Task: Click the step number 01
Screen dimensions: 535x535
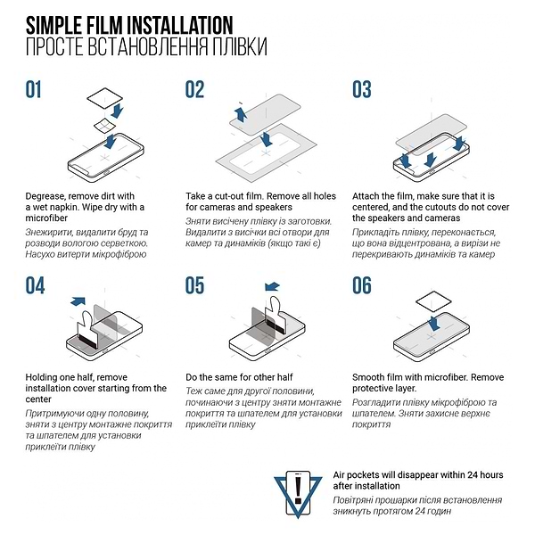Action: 34,89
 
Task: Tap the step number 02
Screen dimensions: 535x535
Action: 195,89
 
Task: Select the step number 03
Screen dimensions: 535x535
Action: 361,89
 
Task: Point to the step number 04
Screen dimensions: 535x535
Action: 35,285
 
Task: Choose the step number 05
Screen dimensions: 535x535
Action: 195,285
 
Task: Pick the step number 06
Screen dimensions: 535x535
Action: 361,285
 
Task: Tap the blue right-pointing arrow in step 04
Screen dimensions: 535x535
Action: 78,303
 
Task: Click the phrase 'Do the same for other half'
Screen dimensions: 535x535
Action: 241,376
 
